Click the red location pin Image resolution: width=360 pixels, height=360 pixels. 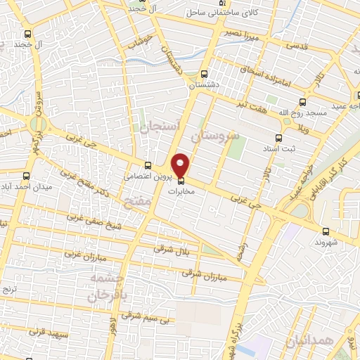[x=181, y=165]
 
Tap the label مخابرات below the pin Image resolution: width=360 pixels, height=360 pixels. [x=181, y=190]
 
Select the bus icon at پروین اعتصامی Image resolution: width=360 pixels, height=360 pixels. [x=147, y=165]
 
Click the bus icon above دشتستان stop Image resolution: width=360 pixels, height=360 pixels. [x=204, y=73]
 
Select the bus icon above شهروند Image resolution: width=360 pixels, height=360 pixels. [x=325, y=230]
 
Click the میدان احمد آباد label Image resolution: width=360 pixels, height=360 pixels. [x=25, y=186]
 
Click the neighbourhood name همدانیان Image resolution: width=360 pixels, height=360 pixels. [x=327, y=341]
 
